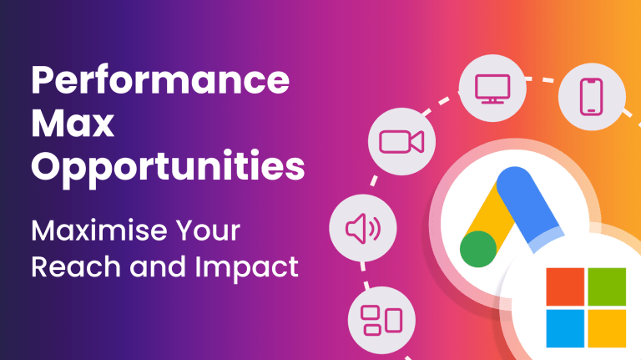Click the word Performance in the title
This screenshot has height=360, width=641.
pos(160,79)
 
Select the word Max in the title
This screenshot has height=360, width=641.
pos(73,123)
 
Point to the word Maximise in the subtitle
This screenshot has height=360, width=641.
pos(99,231)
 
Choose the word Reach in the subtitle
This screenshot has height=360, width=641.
pos(77,266)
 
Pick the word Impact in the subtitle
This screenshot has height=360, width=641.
pos(246,267)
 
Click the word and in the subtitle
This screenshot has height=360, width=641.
pos(159,266)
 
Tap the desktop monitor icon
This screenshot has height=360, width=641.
pos(492,89)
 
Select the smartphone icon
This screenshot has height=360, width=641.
pos(592,97)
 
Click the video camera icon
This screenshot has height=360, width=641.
pos(401,141)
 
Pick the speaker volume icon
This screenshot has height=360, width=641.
pos(363,228)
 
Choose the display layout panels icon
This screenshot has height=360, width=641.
pos(381,320)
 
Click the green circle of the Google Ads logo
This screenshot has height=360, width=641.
pos(478,249)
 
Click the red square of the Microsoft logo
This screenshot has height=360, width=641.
pos(565,286)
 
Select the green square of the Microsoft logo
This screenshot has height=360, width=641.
pos(607,286)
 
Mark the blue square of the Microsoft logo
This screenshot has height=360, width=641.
pos(565,328)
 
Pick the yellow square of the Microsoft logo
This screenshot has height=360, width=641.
pos(607,328)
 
